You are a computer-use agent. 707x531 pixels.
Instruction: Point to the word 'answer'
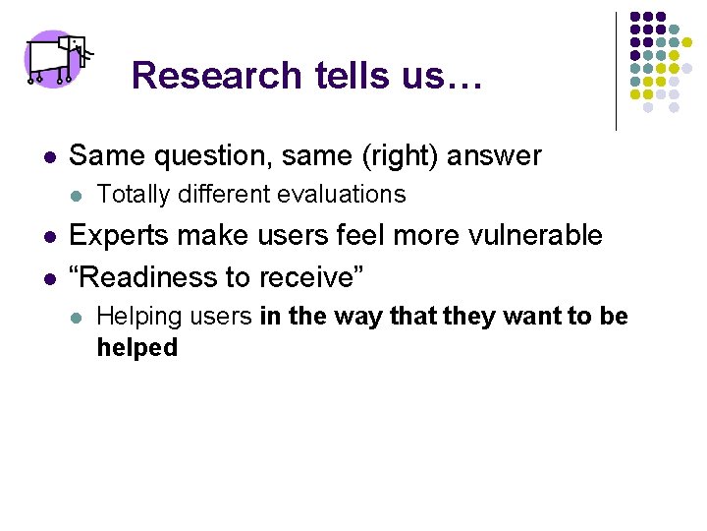point(503,156)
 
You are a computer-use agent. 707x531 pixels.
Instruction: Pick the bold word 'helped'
point(137,347)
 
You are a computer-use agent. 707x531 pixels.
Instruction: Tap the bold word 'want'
point(515,317)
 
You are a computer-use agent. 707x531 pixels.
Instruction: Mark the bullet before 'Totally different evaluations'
point(77,196)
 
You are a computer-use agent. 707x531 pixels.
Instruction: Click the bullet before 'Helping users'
point(77,318)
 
